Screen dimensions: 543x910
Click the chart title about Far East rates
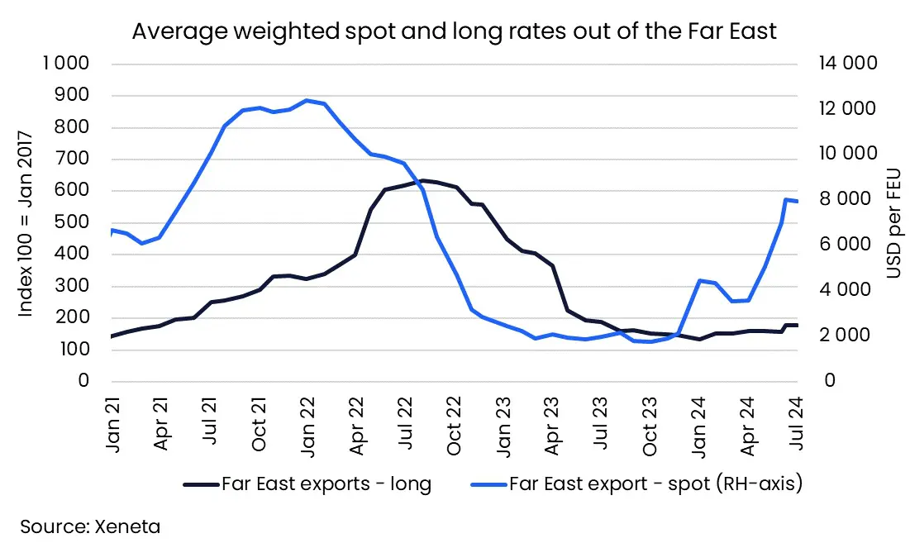pos(454,32)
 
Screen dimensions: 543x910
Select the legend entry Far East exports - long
pos(326,484)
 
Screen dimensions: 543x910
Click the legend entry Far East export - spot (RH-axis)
pos(656,484)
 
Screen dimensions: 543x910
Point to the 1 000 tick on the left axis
pos(67,64)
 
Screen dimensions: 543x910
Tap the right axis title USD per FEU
pos(894,223)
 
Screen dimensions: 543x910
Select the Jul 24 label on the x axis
pos(796,424)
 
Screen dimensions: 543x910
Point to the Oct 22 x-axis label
pos(455,424)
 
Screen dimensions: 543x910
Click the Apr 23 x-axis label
pos(552,424)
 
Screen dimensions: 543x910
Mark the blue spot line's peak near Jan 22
pos(307,101)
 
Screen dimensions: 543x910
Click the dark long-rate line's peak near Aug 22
pos(422,180)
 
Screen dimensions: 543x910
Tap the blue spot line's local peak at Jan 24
pos(699,281)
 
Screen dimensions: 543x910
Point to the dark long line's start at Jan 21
pos(112,336)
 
